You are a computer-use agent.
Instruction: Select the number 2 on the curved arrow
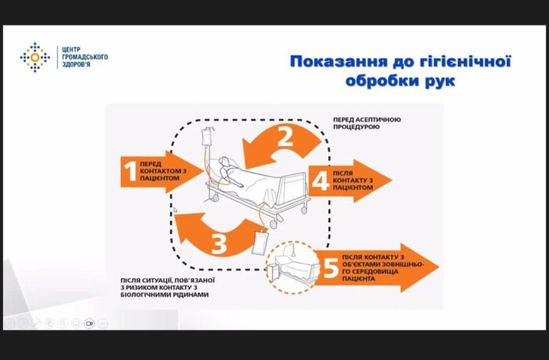(x=286, y=139)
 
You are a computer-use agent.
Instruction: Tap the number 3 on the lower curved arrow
(x=219, y=243)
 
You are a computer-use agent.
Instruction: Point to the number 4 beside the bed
(x=320, y=182)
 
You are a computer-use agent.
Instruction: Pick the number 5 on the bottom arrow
(x=330, y=268)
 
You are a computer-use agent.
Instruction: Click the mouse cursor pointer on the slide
(x=175, y=210)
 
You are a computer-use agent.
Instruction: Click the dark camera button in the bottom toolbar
(x=88, y=322)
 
